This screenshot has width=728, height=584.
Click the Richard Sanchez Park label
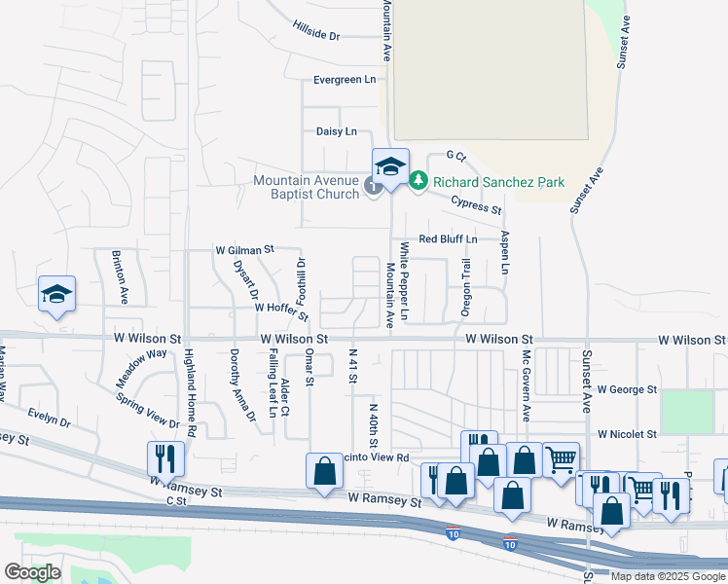[498, 181]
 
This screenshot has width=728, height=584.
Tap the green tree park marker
[418, 181]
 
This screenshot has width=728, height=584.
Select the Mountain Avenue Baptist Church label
[307, 186]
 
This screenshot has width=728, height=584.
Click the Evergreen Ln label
[345, 80]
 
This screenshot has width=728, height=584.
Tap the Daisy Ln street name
[337, 131]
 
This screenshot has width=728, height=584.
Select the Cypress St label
[476, 204]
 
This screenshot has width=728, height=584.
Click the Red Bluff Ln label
[448, 238]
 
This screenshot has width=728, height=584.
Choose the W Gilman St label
[244, 250]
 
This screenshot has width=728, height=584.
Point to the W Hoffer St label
[281, 310]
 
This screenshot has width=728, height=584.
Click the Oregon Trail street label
[466, 288]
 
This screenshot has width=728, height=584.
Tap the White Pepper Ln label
[405, 283]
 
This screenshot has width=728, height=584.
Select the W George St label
[628, 389]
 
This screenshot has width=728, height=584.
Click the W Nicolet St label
[629, 433]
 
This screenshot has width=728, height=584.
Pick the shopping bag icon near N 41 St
[325, 471]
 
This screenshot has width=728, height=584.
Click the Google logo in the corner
[32, 572]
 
